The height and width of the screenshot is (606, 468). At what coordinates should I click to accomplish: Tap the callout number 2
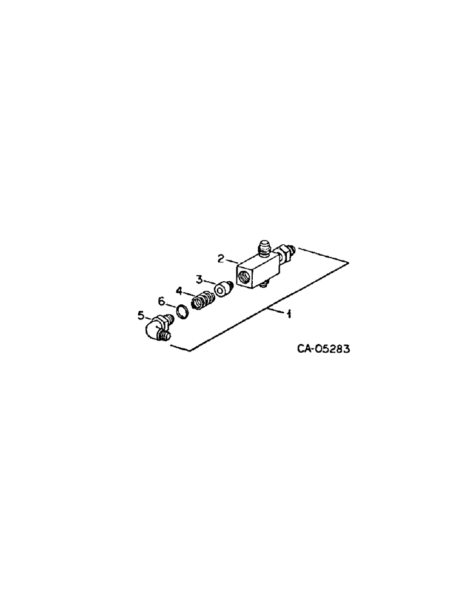click(x=222, y=258)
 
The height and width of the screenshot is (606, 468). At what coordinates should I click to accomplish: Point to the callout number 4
click(x=179, y=291)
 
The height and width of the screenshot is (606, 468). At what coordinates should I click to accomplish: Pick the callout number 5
click(x=141, y=315)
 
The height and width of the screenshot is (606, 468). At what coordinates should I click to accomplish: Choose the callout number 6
click(x=161, y=301)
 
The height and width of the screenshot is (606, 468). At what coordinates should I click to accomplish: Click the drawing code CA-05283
click(x=324, y=349)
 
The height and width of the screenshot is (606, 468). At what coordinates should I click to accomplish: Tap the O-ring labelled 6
click(x=181, y=311)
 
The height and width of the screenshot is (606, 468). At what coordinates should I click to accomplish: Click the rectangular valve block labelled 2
click(x=255, y=270)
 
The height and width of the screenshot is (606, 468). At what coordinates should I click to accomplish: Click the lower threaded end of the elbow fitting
click(x=165, y=333)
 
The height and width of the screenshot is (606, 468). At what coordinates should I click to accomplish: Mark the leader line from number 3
click(x=210, y=282)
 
